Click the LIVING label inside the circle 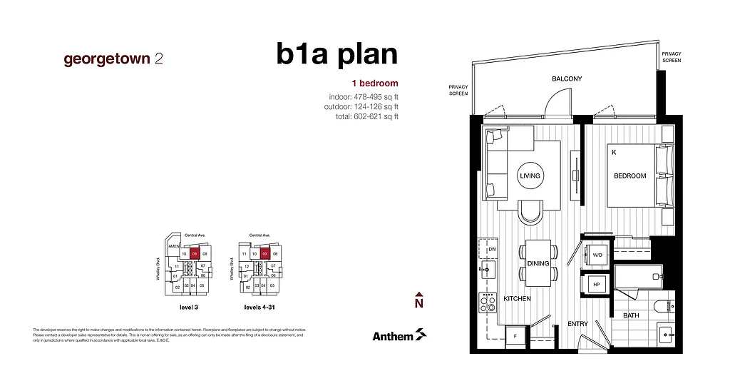pyautogui.click(x=530, y=176)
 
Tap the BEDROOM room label pyautogui.click(x=629, y=176)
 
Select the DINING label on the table pyautogui.click(x=538, y=263)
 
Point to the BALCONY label pyautogui.click(x=567, y=79)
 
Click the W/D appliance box pyautogui.click(x=597, y=255)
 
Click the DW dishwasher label pyautogui.click(x=492, y=248)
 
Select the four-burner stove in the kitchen pyautogui.click(x=488, y=305)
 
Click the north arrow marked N pyautogui.click(x=419, y=300)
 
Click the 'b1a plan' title pyautogui.click(x=336, y=55)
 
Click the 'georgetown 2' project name pyautogui.click(x=113, y=59)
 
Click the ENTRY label pyautogui.click(x=577, y=324)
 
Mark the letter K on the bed pyautogui.click(x=613, y=152)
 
